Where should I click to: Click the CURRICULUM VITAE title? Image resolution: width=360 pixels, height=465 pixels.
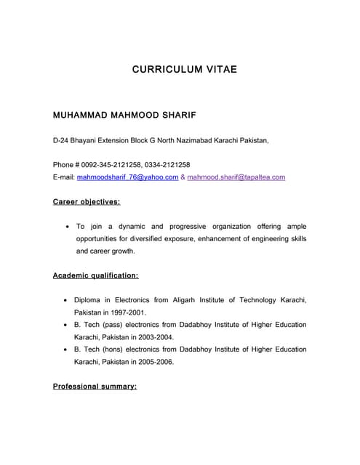click(x=185, y=70)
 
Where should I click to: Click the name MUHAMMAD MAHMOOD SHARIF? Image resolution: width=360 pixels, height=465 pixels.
click(x=124, y=116)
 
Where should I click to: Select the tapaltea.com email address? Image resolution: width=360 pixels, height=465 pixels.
click(x=236, y=177)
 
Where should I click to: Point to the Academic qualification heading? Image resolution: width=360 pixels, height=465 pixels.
click(x=95, y=276)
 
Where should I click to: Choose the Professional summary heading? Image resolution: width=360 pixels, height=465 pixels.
click(x=95, y=387)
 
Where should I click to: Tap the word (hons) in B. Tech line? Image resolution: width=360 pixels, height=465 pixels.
click(x=119, y=349)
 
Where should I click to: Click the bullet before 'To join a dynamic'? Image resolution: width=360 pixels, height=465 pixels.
click(x=68, y=227)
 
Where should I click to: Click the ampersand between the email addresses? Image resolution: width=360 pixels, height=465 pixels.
click(x=183, y=177)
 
